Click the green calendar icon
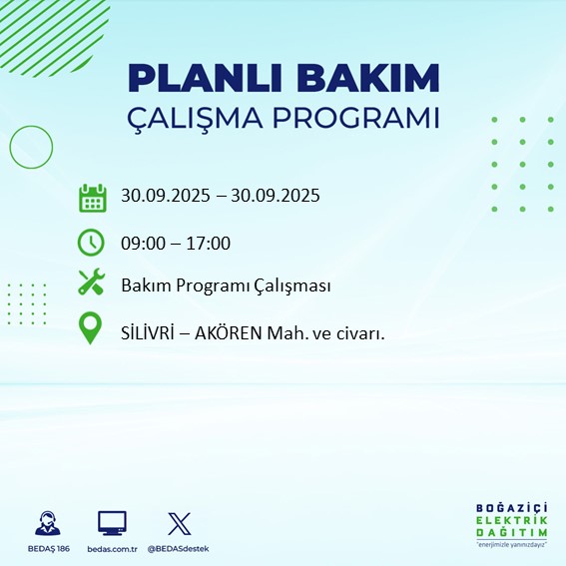coord(92,197)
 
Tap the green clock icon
coord(92,242)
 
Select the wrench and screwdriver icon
coord(92,284)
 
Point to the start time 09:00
coord(143,243)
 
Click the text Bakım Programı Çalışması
coord(225,286)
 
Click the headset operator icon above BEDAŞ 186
coord(46,523)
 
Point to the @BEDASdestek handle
coord(179,549)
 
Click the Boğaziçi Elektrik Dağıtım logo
coord(511,526)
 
